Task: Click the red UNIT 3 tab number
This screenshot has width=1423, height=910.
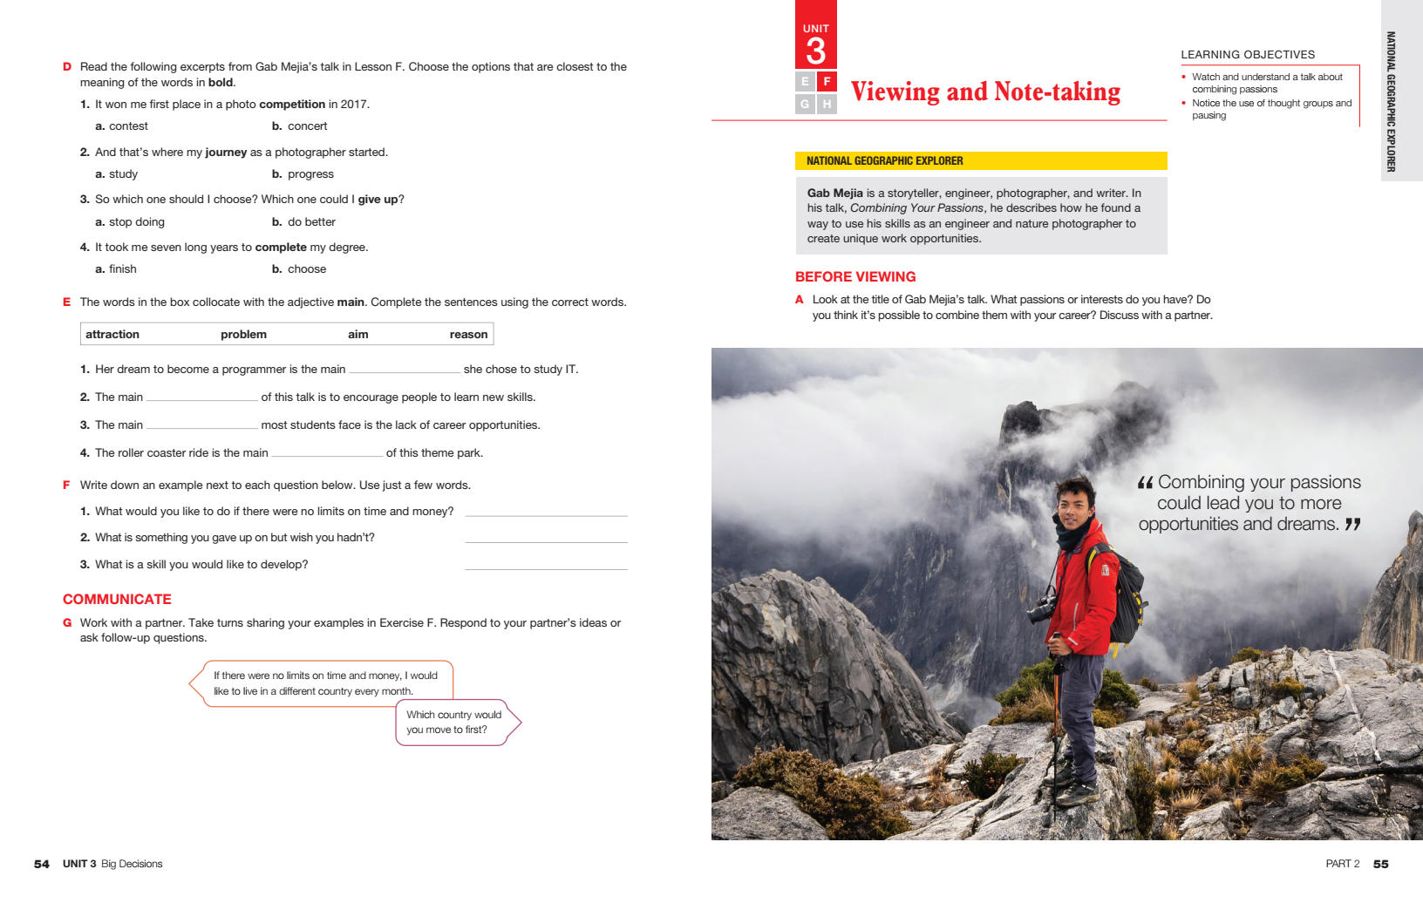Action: pos(815,51)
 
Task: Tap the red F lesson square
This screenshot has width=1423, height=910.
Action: pos(827,82)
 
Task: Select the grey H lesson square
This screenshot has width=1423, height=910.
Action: pos(827,104)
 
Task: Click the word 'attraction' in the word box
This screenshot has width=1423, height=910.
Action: pos(112,334)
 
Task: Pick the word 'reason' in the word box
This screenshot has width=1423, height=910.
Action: pos(468,334)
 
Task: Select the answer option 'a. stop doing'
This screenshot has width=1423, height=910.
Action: pos(130,222)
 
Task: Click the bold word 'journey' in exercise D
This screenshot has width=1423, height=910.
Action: pos(226,153)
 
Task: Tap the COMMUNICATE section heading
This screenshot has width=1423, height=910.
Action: pos(117,599)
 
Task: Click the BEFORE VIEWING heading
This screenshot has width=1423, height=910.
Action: pos(854,276)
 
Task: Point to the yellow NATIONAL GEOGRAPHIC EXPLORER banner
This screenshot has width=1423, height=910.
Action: pos(980,161)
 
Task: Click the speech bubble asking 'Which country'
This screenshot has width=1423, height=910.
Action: pos(454,722)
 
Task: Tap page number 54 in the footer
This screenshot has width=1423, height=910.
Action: pos(42,864)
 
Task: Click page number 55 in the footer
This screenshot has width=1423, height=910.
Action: pos(1380,864)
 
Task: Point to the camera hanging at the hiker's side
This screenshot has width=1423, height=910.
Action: pos(1040,609)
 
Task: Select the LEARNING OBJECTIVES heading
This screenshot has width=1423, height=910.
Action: pos(1247,54)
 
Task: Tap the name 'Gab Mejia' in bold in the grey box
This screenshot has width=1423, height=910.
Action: pos(834,194)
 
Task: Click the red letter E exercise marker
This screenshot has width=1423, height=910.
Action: pos(66,302)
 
